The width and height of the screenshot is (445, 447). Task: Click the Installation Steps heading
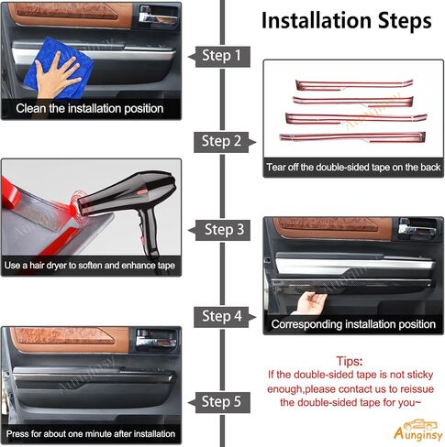click(x=346, y=21)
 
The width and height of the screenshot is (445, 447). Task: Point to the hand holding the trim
click(x=310, y=303)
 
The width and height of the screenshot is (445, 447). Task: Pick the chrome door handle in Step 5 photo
click(x=156, y=341)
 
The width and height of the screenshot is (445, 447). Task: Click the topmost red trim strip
click(x=354, y=85)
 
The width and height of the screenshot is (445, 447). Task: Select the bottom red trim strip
click(x=352, y=137)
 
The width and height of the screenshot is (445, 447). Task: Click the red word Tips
click(x=350, y=361)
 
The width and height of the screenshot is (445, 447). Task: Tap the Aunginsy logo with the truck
click(x=417, y=431)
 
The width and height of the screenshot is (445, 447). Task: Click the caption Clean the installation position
click(x=90, y=108)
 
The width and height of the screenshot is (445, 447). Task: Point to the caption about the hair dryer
click(x=90, y=266)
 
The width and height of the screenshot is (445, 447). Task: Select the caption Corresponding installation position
click(x=353, y=324)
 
